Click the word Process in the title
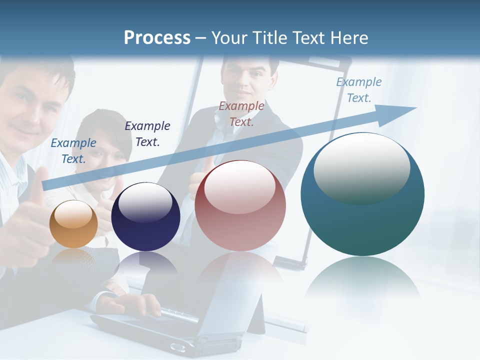[x=157, y=38]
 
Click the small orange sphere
[x=73, y=224]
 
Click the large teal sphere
[x=362, y=195]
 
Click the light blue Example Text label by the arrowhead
[x=359, y=90]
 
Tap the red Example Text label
[x=241, y=113]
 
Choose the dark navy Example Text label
[x=147, y=134]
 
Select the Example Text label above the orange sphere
[x=73, y=150]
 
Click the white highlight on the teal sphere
[x=361, y=167]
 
